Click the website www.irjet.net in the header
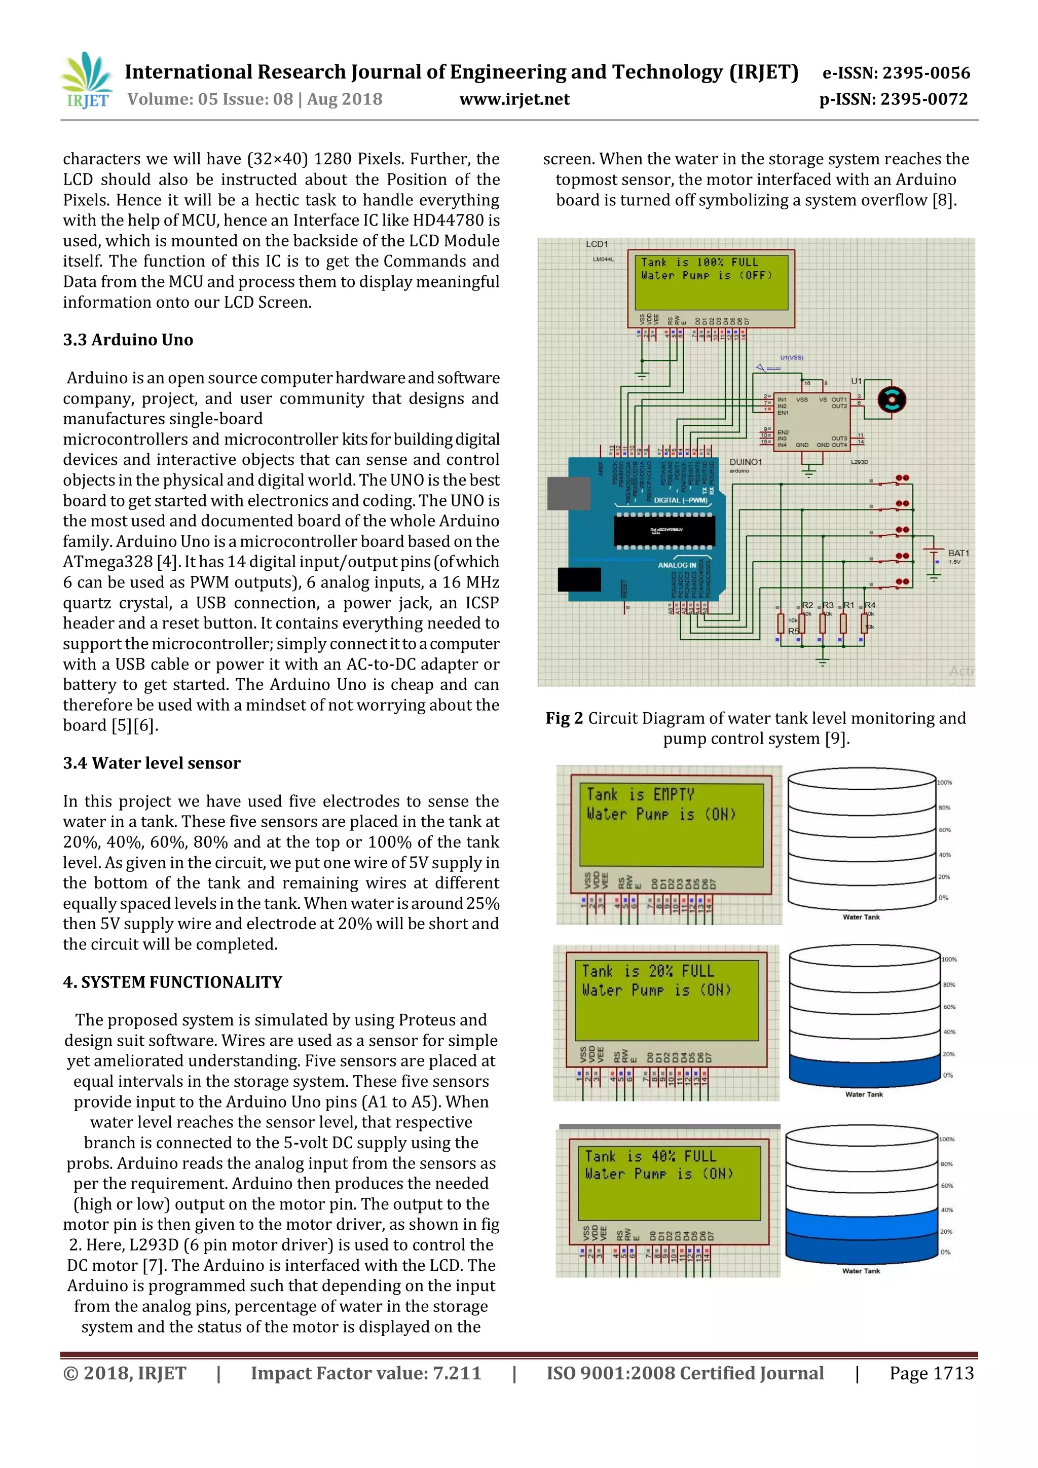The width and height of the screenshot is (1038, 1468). [x=514, y=99]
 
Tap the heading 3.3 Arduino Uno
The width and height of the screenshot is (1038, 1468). [x=128, y=340]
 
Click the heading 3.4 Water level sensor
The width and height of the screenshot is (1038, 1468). [x=152, y=763]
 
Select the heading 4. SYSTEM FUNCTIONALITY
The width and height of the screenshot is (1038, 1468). [x=172, y=982]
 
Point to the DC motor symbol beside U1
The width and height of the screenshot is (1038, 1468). [x=891, y=400]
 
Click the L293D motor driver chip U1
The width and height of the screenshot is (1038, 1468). [x=812, y=422]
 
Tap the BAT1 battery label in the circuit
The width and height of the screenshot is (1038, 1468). [x=958, y=553]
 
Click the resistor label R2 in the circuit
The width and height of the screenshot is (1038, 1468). [x=808, y=605]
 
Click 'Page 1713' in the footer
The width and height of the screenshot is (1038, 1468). [x=931, y=1373]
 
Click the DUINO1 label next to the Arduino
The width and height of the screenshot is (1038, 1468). [x=745, y=462]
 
